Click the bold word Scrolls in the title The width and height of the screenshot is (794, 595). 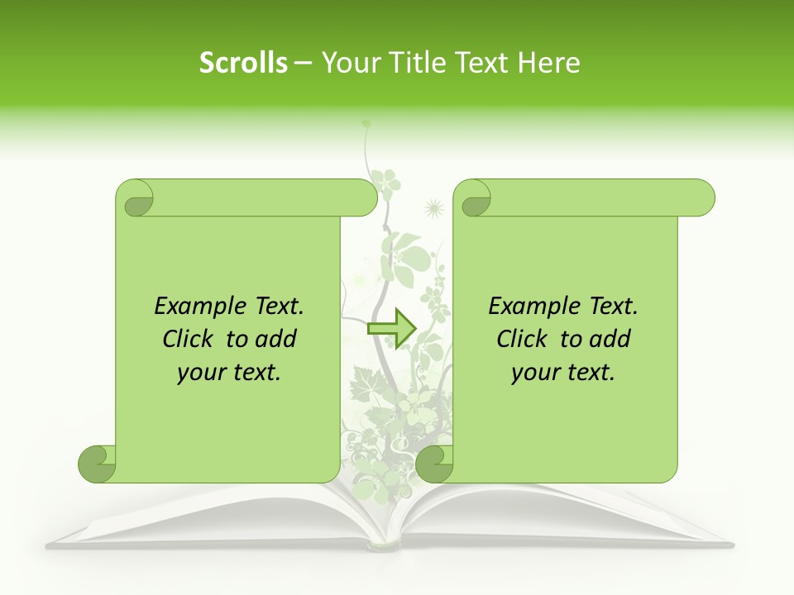click(243, 63)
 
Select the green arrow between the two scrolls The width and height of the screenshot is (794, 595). click(390, 329)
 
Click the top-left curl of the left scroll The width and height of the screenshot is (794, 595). click(136, 198)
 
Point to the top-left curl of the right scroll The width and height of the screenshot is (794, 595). click(473, 198)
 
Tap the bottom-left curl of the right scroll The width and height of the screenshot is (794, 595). click(435, 464)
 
